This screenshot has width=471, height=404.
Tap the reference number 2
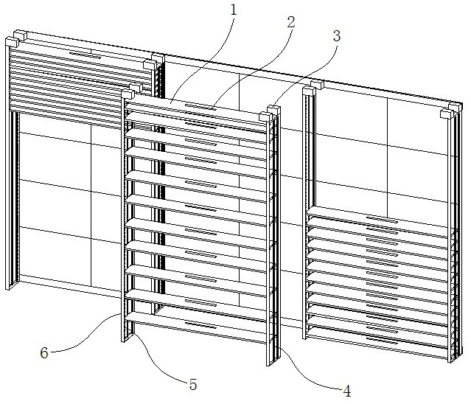tap(290, 21)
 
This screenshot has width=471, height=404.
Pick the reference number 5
tap(193, 383)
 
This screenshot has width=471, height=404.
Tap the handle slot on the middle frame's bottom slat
tap(200, 324)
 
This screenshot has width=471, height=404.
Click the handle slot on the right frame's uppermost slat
tap(382, 220)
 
